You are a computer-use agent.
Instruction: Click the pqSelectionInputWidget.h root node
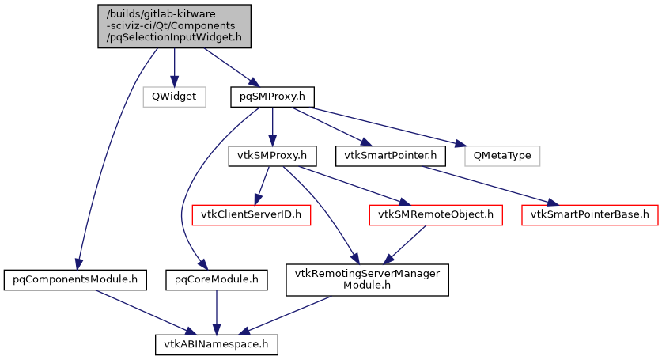tap(174, 26)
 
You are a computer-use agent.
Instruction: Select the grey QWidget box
tap(174, 97)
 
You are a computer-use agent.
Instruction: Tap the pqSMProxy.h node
tap(272, 97)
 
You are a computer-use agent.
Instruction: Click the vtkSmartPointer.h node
tap(390, 155)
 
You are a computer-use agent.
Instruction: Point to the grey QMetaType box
tap(501, 155)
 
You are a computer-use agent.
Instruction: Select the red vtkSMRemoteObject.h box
tap(436, 214)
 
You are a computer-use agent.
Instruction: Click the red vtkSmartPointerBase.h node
tap(589, 214)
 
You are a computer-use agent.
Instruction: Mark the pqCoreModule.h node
tap(216, 279)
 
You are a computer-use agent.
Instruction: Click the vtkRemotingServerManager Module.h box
tap(367, 279)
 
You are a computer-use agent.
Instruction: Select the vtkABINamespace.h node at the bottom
tap(216, 345)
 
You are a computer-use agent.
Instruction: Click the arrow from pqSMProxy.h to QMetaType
tap(380, 126)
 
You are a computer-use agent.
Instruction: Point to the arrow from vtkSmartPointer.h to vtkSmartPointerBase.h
tap(490, 184)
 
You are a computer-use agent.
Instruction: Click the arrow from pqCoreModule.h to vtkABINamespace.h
tap(216, 312)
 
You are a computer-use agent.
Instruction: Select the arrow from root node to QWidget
tap(174, 66)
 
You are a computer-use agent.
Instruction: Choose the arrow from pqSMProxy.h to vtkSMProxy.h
tap(272, 126)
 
